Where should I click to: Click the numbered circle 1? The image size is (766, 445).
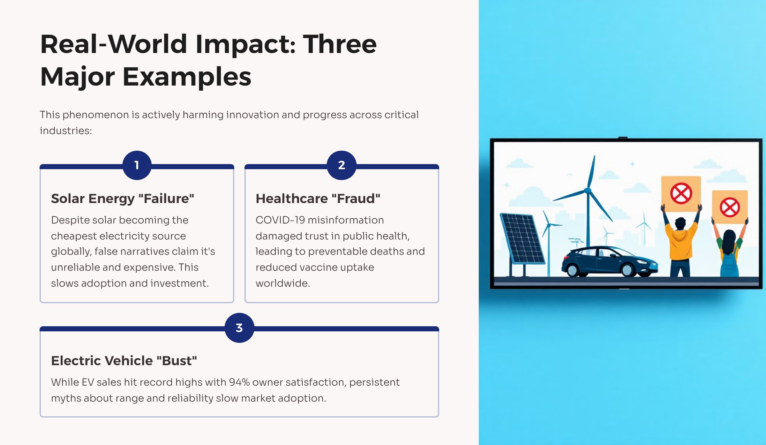(x=137, y=165)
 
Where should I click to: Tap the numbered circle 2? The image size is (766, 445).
(x=342, y=165)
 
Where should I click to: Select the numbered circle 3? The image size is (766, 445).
(x=239, y=328)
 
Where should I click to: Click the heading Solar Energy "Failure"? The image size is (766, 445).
(x=123, y=199)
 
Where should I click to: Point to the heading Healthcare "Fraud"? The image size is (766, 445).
(x=318, y=199)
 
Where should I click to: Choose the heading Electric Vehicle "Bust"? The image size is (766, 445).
(x=124, y=361)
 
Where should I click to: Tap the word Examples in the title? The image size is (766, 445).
(x=187, y=77)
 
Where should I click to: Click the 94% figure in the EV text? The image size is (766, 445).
(x=239, y=382)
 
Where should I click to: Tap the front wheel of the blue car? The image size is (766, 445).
(x=628, y=270)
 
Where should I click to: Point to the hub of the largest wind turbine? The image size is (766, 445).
(x=587, y=191)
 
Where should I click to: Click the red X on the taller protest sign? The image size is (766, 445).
(x=681, y=193)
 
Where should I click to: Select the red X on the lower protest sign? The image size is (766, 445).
(x=730, y=207)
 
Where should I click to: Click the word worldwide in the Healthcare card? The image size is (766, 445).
(x=283, y=283)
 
